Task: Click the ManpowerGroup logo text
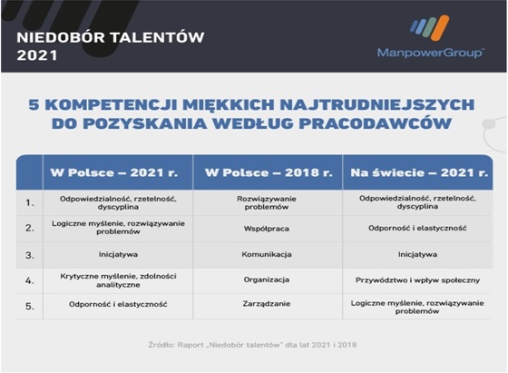430,53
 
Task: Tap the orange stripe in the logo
440,27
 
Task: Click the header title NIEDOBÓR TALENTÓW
111,37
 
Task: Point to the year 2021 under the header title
37,55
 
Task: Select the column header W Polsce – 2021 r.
114,172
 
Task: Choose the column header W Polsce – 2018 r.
269,172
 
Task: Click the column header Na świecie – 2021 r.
419,172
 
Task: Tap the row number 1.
29,203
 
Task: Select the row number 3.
29,255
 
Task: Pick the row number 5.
29,306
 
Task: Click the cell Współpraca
267,229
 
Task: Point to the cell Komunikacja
267,254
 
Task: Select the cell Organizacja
267,280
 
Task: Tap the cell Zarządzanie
267,304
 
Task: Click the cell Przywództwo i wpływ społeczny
417,280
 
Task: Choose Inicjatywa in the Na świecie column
417,254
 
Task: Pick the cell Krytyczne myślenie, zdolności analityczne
118,280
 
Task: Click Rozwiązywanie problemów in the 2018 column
267,203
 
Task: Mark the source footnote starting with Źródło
252,345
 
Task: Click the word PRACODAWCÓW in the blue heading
375,123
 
